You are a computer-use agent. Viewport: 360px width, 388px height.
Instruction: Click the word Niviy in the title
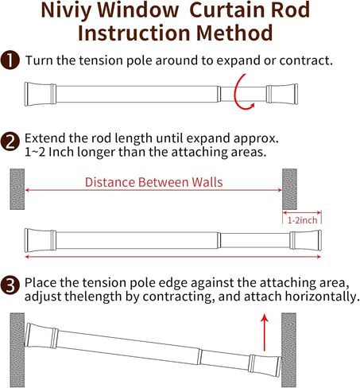point(66,10)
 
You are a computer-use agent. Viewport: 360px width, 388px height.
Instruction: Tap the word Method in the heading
point(234,33)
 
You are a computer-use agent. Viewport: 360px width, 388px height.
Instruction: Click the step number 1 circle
point(10,60)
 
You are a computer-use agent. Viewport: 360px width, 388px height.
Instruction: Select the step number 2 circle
point(10,142)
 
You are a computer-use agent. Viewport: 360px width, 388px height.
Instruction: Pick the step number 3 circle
point(10,285)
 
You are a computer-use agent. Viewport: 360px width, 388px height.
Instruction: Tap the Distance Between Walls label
point(153,182)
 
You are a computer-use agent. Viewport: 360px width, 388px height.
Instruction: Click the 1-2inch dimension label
point(302,220)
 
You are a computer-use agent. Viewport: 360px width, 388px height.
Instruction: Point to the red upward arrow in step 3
point(264,332)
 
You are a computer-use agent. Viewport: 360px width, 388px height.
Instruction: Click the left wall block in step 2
point(17,189)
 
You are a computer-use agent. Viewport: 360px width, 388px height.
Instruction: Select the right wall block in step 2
point(289,189)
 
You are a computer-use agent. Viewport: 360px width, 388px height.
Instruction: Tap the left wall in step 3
point(17,350)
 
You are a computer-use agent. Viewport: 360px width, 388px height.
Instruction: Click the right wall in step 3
point(288,350)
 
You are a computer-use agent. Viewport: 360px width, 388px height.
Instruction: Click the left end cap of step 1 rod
point(41,94)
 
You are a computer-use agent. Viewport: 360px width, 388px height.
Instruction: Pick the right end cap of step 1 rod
point(282,94)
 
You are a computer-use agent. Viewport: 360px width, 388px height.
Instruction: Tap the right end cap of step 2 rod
point(305,240)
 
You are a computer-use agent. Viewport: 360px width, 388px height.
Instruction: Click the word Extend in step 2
point(45,138)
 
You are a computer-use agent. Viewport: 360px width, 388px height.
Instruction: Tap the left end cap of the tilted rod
point(41,336)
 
